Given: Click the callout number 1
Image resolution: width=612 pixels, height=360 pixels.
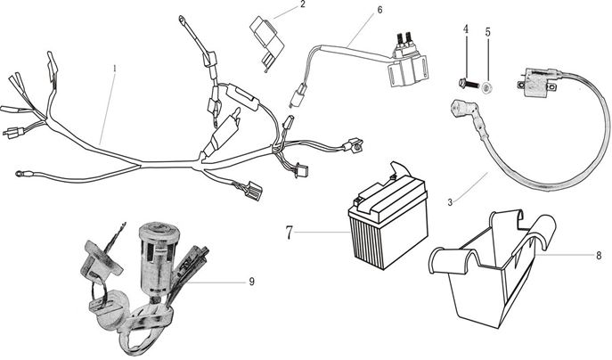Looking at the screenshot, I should coord(114,68).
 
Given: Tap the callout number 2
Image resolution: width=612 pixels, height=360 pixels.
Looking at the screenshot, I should coord(302,5).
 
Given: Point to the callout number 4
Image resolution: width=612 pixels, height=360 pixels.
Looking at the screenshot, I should coord(465,30).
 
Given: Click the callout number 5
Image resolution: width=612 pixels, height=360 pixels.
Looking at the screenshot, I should coord(487,31).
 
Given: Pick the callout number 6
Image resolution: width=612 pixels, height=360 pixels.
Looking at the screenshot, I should coord(379,10).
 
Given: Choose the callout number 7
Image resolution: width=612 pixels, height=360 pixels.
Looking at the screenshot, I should coord(290,233).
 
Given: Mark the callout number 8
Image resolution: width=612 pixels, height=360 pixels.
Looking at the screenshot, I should coord(599,255).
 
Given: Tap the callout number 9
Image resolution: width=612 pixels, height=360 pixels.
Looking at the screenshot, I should coord(251,282).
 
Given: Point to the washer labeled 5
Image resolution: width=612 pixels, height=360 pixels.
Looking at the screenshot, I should coord(486,87).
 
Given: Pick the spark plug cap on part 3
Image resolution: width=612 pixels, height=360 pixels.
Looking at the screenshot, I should coord(458,114).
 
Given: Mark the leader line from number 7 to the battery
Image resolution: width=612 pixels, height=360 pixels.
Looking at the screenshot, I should coord(321,233).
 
